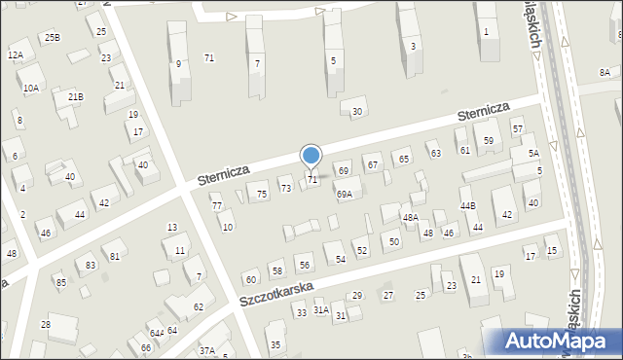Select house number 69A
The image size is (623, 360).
[345, 195]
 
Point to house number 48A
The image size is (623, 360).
[411, 217]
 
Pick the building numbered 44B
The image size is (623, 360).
[468, 206]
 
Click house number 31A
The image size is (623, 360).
[320, 309]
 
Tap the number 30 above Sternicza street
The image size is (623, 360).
[357, 112]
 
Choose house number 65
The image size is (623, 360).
[403, 159]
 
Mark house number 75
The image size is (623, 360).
[262, 195]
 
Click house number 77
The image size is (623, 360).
[217, 205]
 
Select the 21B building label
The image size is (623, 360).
[75, 96]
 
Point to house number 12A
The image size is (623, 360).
[16, 55]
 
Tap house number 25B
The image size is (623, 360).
[52, 37]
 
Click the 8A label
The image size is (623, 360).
[605, 73]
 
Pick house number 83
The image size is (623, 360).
[92, 265]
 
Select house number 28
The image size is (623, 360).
[46, 324]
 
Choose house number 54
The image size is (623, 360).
[341, 259]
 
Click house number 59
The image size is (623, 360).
[489, 141]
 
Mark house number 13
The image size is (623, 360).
[171, 228]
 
